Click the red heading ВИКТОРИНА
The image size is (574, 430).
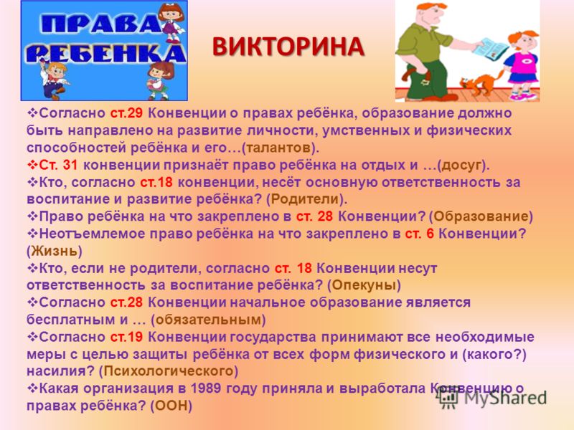click(x=288, y=47)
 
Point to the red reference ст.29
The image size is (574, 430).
click(x=126, y=113)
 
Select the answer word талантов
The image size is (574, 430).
click(x=278, y=148)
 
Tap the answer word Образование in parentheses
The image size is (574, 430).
click(x=481, y=216)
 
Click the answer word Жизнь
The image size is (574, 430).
click(x=55, y=251)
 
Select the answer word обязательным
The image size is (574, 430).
click(x=208, y=320)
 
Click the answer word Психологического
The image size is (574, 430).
click(x=169, y=371)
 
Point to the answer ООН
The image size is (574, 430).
click(x=171, y=406)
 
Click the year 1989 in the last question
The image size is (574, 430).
click(x=205, y=388)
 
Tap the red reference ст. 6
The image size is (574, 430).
click(x=419, y=234)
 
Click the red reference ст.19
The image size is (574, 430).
click(x=126, y=337)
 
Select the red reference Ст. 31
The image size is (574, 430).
click(x=58, y=166)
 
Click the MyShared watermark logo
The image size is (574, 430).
click(x=493, y=398)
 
